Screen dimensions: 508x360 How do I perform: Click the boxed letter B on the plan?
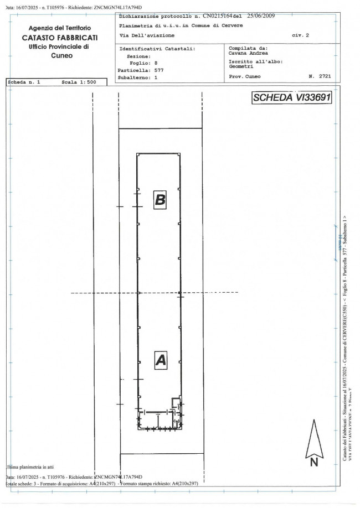(x=160, y=199)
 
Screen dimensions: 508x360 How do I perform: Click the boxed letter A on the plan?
(x=160, y=360)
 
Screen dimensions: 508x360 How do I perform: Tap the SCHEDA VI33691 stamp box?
(x=291, y=98)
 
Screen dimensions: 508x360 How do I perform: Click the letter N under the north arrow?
(x=313, y=462)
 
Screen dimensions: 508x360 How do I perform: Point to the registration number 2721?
(x=325, y=76)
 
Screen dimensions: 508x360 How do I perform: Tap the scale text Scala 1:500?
(x=79, y=82)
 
